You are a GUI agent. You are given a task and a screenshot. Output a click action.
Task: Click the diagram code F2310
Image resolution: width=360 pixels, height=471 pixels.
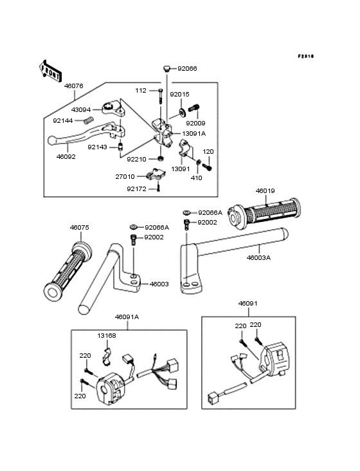coord(306,56)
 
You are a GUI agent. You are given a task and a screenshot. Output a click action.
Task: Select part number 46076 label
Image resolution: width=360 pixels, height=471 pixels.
coord(73,86)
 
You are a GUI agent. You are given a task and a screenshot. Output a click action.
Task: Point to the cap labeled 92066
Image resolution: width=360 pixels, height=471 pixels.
coord(166,68)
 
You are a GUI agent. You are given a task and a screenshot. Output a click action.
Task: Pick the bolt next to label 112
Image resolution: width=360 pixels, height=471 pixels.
coord(161,96)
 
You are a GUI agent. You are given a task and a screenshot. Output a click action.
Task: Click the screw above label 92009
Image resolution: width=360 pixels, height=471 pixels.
coord(194,108)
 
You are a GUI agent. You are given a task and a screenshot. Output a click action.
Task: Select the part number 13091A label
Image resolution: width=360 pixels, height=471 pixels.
coord(194,133)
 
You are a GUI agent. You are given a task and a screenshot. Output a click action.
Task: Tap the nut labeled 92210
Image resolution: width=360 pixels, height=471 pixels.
coord(161,158)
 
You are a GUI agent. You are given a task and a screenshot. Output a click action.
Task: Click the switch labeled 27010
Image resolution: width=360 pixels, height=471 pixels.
coord(156,174)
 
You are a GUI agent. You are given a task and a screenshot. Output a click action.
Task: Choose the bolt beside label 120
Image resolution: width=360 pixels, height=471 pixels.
coord(207,167)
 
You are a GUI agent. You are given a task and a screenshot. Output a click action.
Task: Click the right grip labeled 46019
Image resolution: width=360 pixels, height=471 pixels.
coord(264,213)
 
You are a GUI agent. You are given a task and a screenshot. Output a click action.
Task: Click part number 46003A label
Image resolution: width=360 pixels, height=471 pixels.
coord(258,258)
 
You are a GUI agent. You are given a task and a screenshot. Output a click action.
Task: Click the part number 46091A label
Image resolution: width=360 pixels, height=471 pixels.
coord(127,317)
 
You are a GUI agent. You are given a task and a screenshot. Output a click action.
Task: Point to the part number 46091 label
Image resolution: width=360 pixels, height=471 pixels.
coord(248,304)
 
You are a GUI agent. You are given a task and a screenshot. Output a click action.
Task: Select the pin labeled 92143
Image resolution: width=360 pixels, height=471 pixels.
coord(121,147)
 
